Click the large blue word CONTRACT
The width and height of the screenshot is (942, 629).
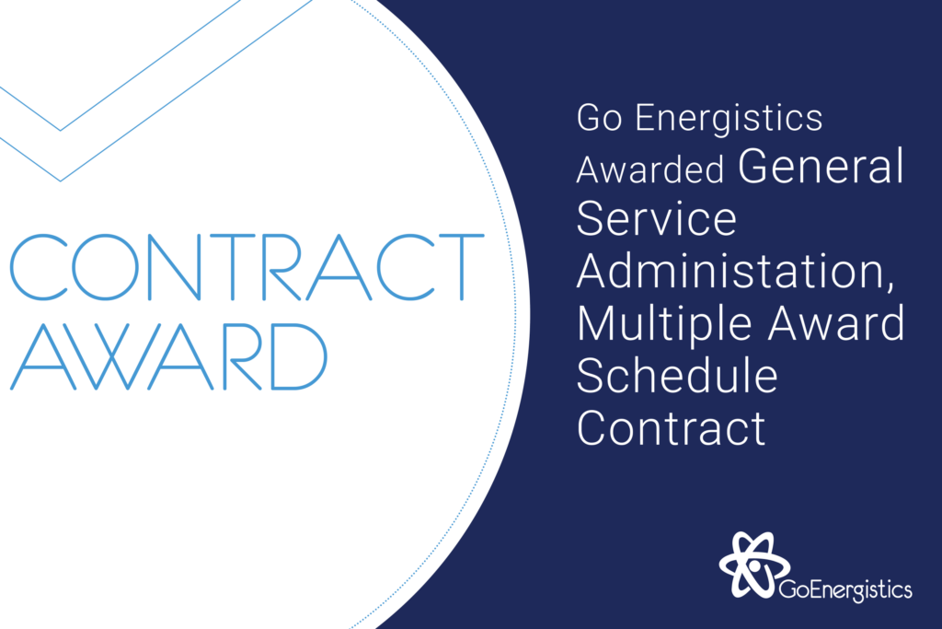click(247, 267)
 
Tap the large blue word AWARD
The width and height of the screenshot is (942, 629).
click(169, 356)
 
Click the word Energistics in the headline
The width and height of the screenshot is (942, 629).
click(729, 119)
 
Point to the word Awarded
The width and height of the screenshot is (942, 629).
click(650, 169)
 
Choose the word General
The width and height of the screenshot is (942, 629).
click(821, 166)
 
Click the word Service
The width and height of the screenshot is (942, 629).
click(657, 218)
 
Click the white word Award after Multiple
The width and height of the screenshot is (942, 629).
click(835, 323)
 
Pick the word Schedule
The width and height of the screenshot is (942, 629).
click(677, 375)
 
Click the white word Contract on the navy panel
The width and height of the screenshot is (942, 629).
click(671, 427)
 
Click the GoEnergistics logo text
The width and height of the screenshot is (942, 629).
click(845, 590)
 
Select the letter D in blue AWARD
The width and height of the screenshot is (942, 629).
click(299, 356)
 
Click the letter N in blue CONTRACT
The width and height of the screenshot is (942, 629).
click(174, 267)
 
